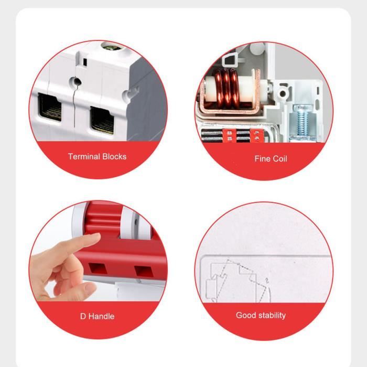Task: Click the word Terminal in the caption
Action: pyautogui.click(x=84, y=156)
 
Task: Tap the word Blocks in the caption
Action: pyautogui.click(x=114, y=156)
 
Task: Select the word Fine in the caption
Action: pyautogui.click(x=262, y=159)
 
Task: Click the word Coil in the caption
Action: pyautogui.click(x=279, y=159)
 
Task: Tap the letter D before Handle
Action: pyautogui.click(x=83, y=316)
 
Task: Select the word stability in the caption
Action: pyautogui.click(x=272, y=316)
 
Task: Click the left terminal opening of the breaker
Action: pyautogui.click(x=50, y=107)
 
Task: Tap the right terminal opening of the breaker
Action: pyautogui.click(x=102, y=120)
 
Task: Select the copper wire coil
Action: pyautogui.click(x=226, y=89)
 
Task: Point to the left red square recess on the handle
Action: pyautogui.click(x=98, y=268)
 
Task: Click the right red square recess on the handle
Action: pyautogui.click(x=144, y=271)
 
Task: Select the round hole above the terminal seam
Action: pyautogui.click(x=76, y=82)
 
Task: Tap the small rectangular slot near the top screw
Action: pyautogui.click(x=85, y=62)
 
